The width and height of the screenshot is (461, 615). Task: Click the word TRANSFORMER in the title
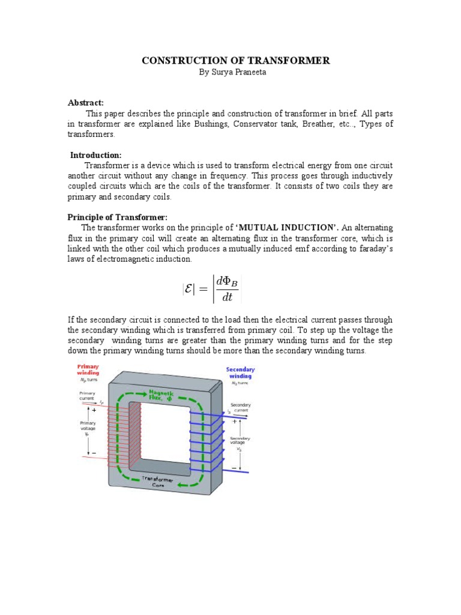click(x=294, y=61)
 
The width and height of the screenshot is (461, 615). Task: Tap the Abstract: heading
click(x=86, y=103)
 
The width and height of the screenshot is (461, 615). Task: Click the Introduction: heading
click(x=96, y=155)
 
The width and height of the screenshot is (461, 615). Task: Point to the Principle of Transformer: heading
click(x=117, y=217)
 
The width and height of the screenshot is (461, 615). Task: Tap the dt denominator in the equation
click(x=226, y=297)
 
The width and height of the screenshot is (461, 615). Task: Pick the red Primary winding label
click(x=88, y=369)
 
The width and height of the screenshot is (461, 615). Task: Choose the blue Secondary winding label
click(x=240, y=373)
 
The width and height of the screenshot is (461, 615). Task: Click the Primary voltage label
click(x=88, y=428)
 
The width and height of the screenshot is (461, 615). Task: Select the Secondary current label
click(x=241, y=407)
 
